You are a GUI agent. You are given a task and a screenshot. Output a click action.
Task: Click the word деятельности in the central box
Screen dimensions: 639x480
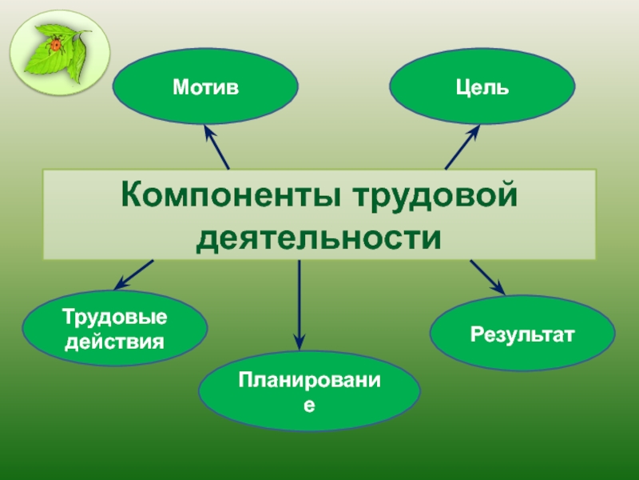[x=319, y=237]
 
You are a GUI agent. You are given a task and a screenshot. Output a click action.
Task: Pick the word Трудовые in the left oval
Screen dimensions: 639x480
[x=115, y=318]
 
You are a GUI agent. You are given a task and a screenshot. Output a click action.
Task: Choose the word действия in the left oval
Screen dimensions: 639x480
[x=115, y=342]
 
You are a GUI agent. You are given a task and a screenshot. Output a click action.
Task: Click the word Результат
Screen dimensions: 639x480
[x=522, y=334]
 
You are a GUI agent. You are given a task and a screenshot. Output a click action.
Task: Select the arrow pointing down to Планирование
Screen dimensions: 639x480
[x=299, y=304]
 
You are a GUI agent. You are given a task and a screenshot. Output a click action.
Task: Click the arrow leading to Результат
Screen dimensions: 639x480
[x=488, y=277]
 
